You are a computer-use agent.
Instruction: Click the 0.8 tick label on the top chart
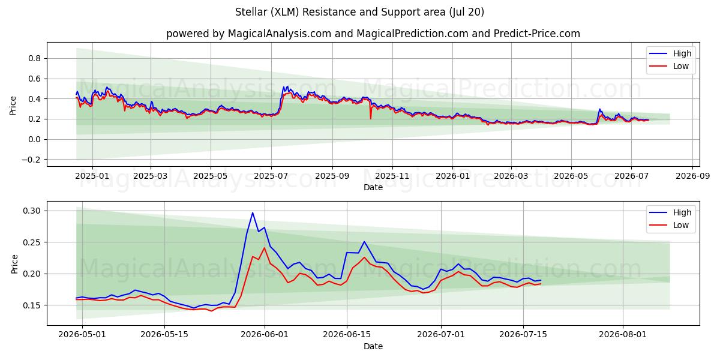[x=34, y=59]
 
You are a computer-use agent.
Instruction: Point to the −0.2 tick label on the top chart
[x=31, y=160]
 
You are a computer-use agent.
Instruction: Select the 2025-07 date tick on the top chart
[x=271, y=176]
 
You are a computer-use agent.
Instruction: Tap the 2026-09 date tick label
[x=692, y=176]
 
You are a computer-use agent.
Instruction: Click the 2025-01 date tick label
[x=92, y=176]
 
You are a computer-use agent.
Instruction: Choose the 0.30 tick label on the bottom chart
[x=31, y=211]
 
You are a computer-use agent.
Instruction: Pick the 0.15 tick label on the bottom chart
[x=31, y=305]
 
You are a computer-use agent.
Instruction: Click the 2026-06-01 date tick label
[x=265, y=335]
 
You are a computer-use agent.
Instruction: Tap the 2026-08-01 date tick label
[x=623, y=335]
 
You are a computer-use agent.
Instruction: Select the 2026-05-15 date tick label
[x=164, y=335]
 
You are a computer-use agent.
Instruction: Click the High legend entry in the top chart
[x=670, y=53]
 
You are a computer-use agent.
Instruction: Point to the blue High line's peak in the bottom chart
[x=253, y=212]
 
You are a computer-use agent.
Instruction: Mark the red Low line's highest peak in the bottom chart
[x=265, y=247]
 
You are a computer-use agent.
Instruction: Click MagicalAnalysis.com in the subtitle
[x=280, y=34]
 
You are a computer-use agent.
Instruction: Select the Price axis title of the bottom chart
[x=14, y=264]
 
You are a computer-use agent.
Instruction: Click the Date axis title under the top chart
[x=373, y=187]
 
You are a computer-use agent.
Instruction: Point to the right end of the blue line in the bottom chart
[x=541, y=280]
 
